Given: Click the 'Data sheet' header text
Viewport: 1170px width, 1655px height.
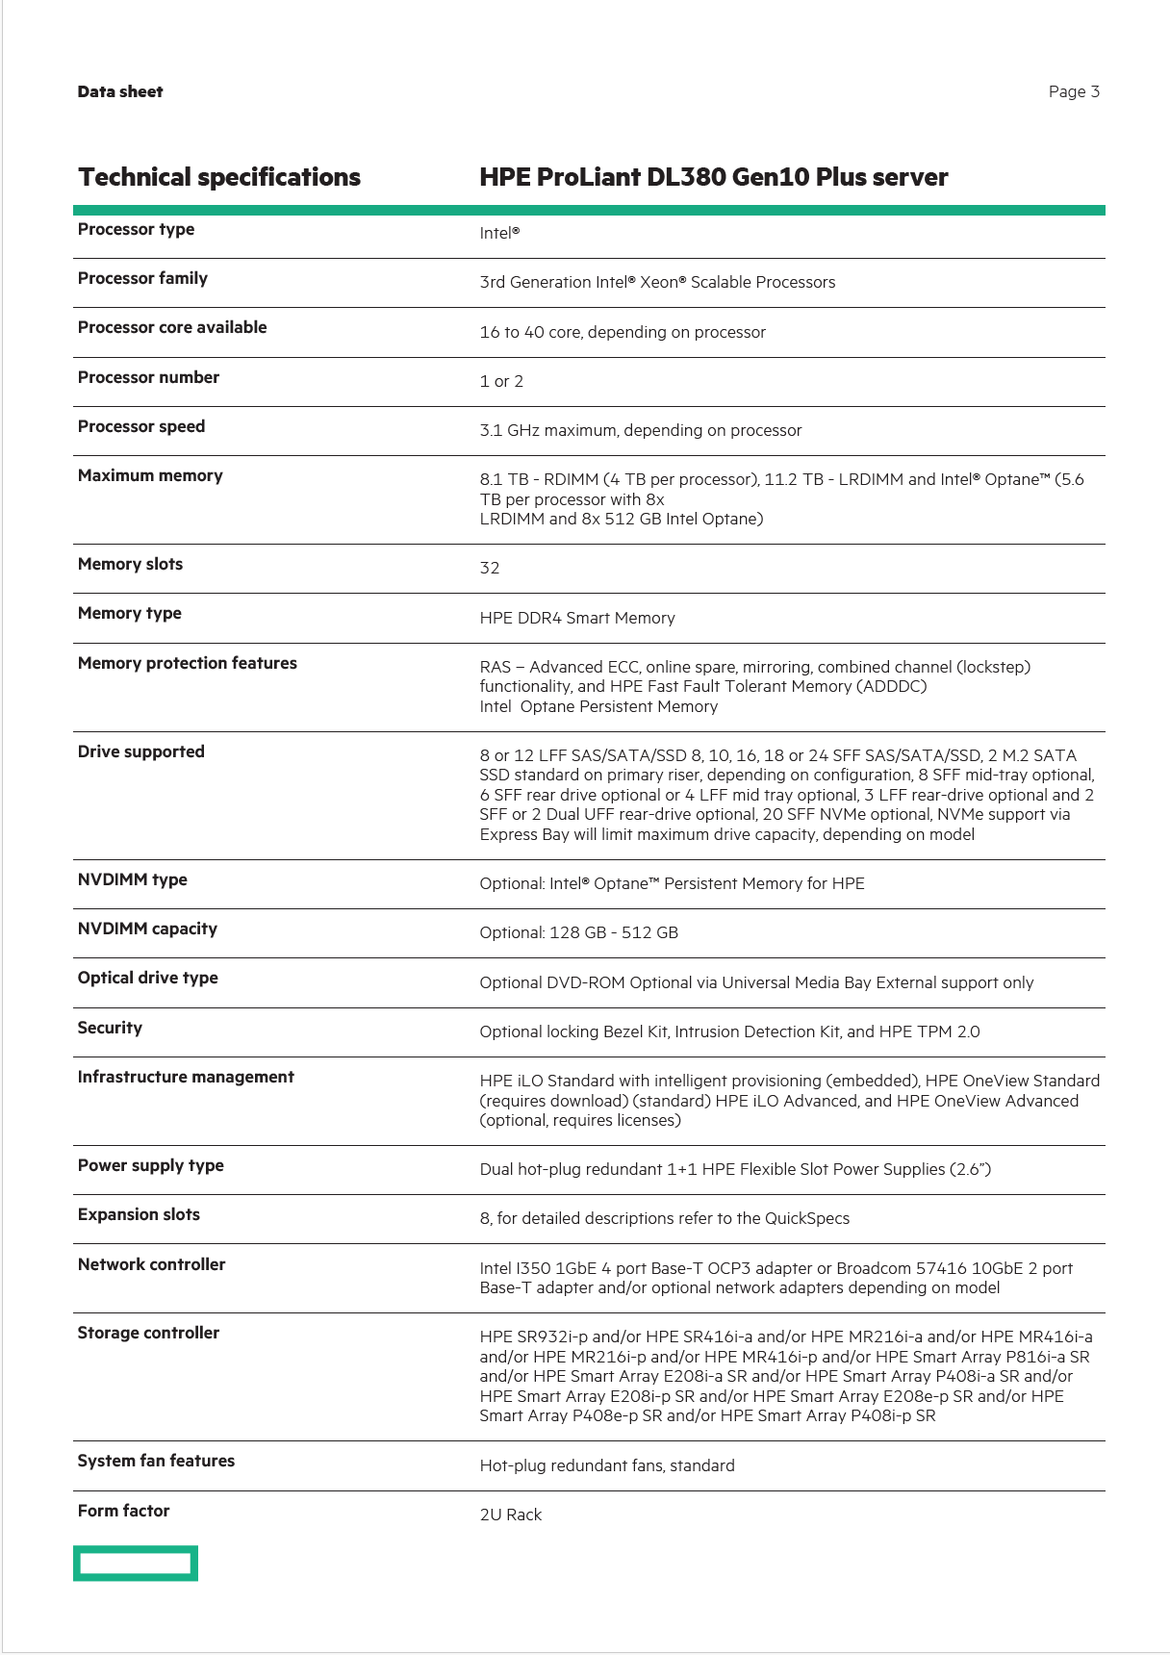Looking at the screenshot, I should coord(120,91).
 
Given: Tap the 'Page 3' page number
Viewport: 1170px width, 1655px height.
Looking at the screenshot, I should coord(1074,91).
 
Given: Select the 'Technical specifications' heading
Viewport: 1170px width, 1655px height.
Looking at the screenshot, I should coord(219,177).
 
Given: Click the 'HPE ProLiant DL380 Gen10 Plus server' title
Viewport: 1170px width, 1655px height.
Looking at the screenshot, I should coord(713,177).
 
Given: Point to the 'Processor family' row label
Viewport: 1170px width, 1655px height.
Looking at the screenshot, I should coord(142,278).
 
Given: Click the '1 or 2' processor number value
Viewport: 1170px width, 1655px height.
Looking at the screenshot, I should coord(501,381).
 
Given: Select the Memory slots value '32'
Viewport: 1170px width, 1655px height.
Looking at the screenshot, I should coord(490,568).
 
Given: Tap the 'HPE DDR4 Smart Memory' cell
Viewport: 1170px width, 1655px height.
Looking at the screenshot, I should coord(577,618).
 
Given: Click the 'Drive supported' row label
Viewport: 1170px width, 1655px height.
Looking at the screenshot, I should coord(141,751).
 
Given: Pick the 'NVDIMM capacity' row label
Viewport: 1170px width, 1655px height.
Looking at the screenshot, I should coord(147,929).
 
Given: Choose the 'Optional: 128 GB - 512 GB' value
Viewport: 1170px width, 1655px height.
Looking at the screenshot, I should coord(578,932).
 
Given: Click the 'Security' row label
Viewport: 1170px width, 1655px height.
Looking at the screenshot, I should coord(110,1028).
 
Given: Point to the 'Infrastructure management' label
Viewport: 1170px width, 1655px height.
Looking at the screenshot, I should coord(186,1077).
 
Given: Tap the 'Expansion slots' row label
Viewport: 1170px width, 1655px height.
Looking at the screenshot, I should coord(139,1214).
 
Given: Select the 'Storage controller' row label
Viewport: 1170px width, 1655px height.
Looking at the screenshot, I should coord(148,1333).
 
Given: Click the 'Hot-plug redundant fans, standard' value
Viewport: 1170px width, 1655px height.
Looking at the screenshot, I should coord(607,1465).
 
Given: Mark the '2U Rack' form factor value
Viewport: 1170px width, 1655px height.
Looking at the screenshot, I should coord(511,1515).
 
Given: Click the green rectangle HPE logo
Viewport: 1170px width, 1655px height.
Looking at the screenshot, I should coord(136,1564).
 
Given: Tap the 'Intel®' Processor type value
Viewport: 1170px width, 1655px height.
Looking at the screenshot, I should coord(499,233).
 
